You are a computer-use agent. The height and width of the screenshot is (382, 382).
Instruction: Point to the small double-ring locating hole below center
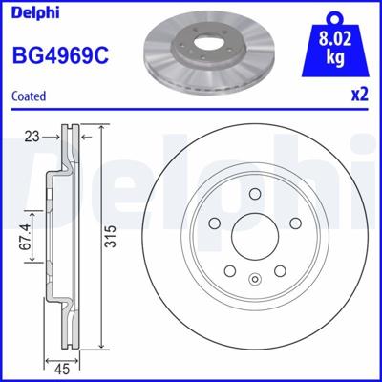pyautogui.click(x=253, y=279)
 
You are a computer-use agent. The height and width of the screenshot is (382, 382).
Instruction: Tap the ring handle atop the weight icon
pyautogui.click(x=332, y=15)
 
